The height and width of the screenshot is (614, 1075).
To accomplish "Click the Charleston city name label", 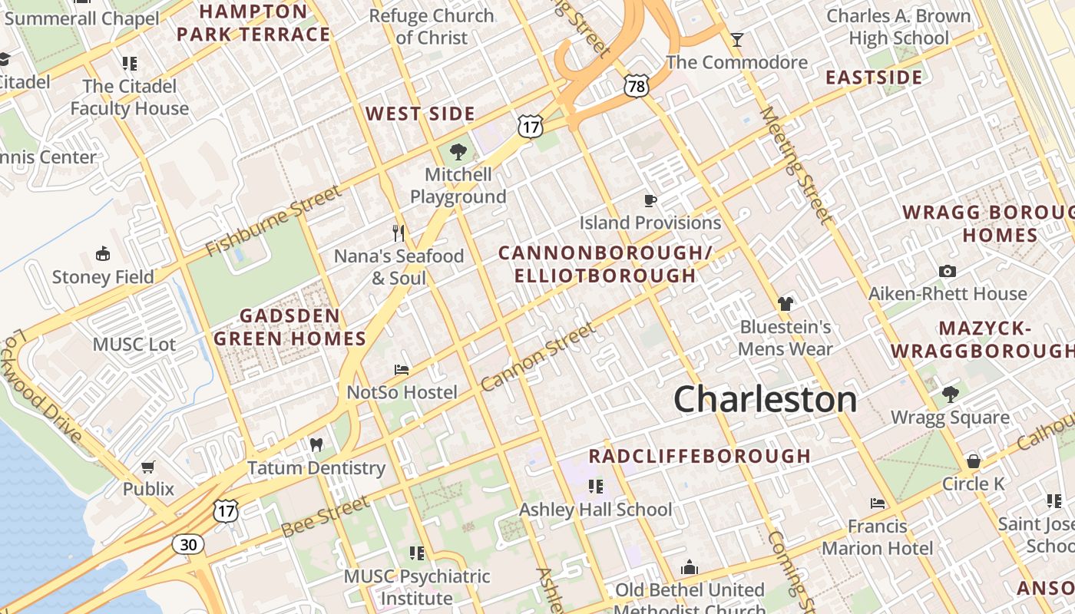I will coord(765,399).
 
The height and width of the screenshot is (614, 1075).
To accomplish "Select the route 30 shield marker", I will coord(188,544).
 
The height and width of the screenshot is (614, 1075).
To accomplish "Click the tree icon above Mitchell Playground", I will coord(458,151).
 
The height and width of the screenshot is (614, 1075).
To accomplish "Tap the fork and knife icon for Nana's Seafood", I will coord(399,233).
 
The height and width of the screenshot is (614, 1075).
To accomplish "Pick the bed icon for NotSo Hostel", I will coord(402,369).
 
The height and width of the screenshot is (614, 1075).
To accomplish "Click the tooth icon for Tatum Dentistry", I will coord(316,444).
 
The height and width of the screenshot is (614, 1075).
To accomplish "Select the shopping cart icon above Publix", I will coord(148,467).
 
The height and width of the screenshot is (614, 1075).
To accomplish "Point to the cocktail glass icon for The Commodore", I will coord(737,39).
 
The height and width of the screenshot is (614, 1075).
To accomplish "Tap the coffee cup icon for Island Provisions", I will coord(650,200).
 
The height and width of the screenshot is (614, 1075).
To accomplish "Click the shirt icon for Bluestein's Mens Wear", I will coord(785,304).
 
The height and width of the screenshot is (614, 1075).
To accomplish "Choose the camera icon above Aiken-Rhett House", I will coord(948,271).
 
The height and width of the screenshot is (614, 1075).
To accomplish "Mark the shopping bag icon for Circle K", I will coord(973,460).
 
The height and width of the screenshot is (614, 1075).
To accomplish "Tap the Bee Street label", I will coord(325,517).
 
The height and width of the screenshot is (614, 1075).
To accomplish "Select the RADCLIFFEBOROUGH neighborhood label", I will coord(700,456).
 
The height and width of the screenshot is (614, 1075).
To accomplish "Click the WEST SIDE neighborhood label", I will coord(420,114).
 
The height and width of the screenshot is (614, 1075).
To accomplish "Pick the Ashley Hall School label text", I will coord(595,510).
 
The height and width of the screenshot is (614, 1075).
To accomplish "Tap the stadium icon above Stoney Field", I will coord(102,253).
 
